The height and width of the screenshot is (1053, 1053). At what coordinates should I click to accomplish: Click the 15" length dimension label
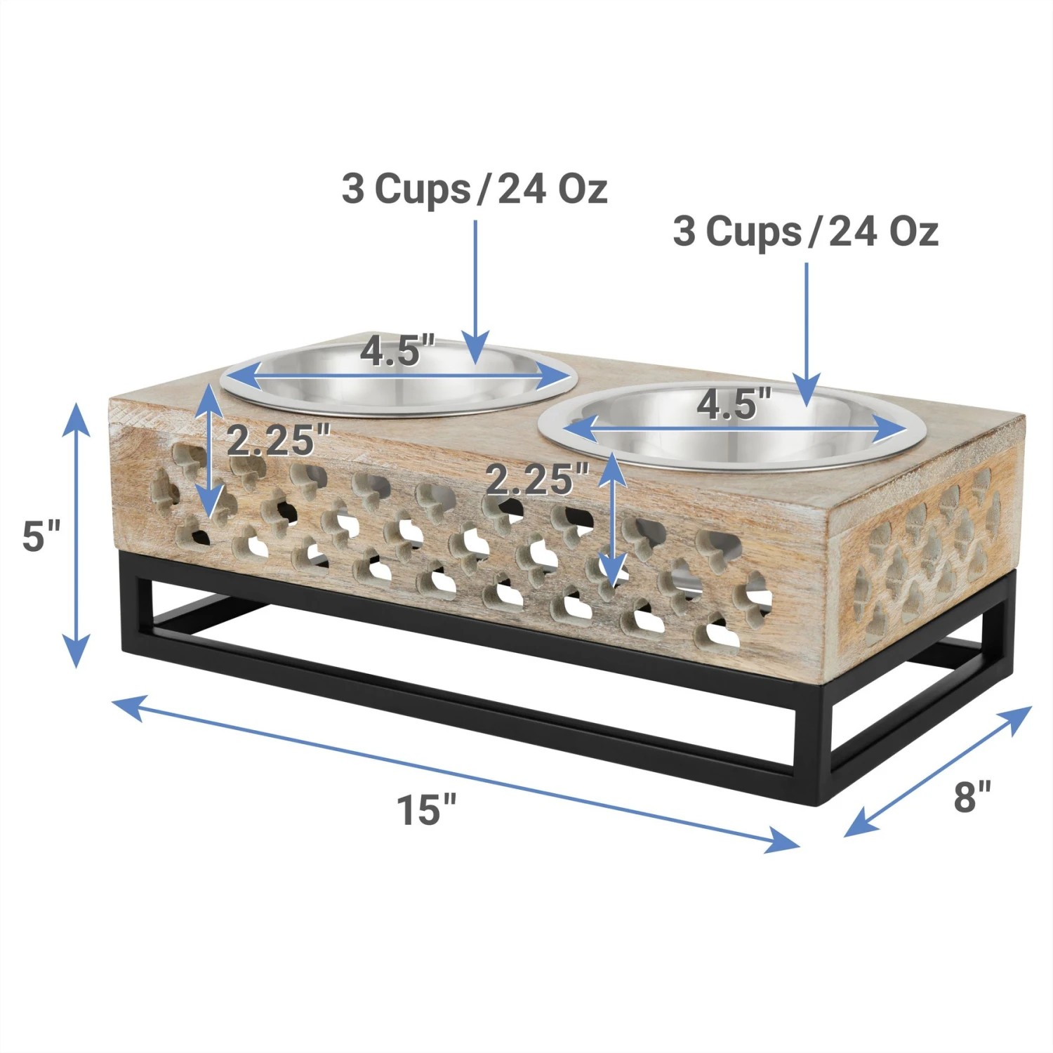coord(427,809)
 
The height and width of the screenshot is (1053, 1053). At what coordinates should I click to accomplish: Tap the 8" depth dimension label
coord(972,796)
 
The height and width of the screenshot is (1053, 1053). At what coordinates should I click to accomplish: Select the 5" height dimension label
coord(41,536)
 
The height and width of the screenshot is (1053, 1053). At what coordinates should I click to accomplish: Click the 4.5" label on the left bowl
coord(398,350)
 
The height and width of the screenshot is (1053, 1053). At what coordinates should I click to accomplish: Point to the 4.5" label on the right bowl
coord(734,404)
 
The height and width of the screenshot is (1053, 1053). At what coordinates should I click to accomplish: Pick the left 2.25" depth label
coord(278,440)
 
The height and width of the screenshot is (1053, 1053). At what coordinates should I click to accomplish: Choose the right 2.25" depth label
coord(538,480)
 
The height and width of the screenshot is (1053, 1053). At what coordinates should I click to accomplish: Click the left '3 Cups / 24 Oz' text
coord(475,189)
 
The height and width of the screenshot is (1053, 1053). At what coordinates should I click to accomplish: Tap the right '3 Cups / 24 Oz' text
coord(805,231)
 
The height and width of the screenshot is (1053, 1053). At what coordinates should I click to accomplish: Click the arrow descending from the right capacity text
coord(807,330)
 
